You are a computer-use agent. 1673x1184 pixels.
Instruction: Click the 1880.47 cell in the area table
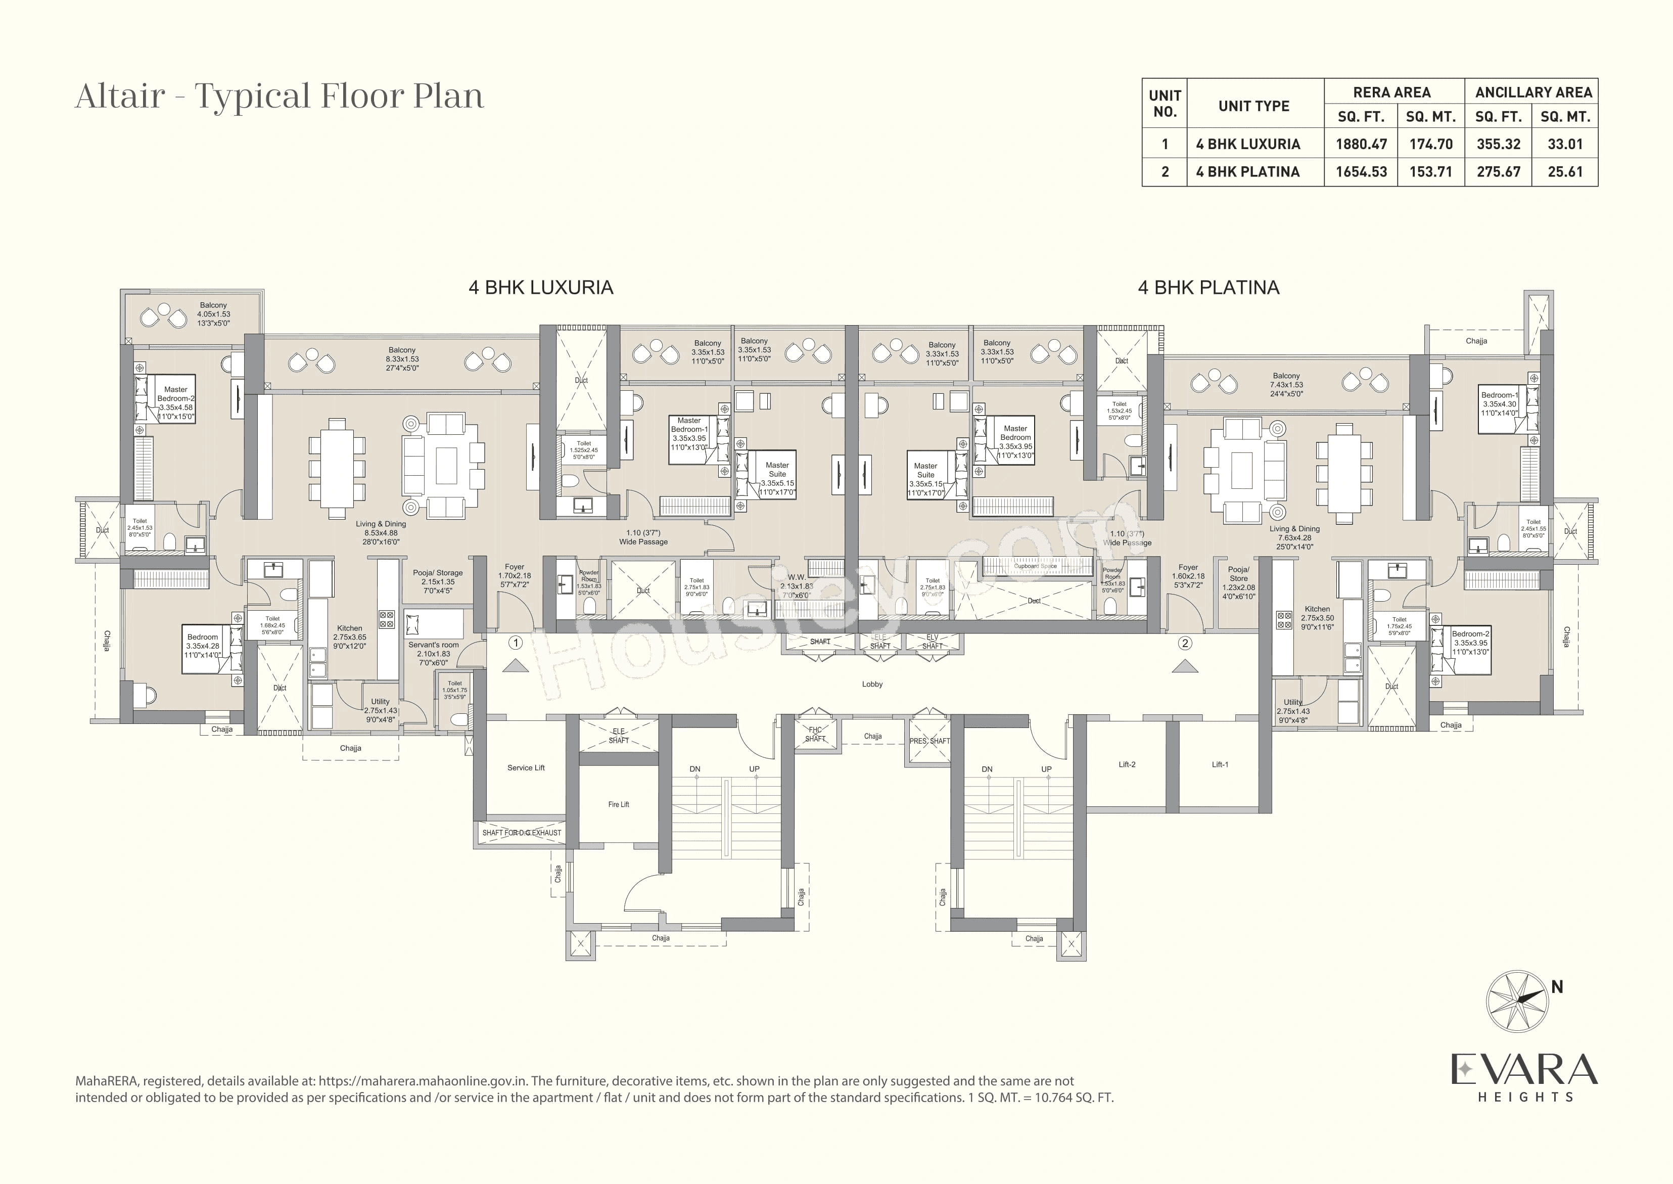tap(1360, 145)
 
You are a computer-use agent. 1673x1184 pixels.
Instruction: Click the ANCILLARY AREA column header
tap(1533, 93)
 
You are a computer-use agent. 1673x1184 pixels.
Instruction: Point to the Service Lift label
tap(526, 768)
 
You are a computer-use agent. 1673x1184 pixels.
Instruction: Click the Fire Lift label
tap(618, 804)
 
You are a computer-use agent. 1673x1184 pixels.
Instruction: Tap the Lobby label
tap(872, 684)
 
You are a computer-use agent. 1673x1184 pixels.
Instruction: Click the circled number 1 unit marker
tap(516, 643)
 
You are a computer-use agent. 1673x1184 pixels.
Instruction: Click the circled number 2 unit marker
tap(1185, 643)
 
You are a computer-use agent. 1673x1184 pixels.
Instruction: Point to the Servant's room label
tap(433, 645)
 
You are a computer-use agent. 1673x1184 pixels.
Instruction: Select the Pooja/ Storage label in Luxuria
tap(437, 573)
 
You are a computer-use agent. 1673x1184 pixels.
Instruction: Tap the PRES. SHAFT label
tap(930, 741)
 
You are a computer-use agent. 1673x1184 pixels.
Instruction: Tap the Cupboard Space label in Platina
tap(1035, 566)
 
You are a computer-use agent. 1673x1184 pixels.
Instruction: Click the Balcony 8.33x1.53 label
tap(402, 359)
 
